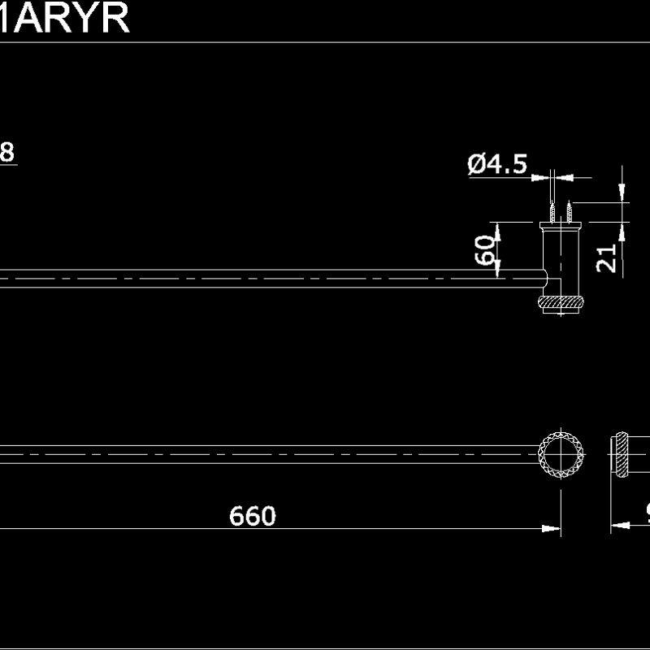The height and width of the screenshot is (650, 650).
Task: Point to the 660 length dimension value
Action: (x=253, y=516)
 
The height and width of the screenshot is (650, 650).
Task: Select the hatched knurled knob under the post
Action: (x=561, y=303)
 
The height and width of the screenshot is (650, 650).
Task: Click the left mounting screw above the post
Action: (x=552, y=212)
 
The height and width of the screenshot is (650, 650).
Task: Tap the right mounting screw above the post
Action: (x=570, y=212)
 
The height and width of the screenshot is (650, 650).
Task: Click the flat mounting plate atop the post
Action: (x=561, y=224)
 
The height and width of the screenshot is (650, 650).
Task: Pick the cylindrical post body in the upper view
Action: (x=561, y=260)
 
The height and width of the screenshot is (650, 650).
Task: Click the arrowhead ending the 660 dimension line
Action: (x=552, y=528)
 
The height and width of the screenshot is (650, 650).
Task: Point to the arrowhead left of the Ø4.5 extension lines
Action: (x=544, y=174)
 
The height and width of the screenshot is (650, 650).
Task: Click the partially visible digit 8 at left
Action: (x=6, y=152)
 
